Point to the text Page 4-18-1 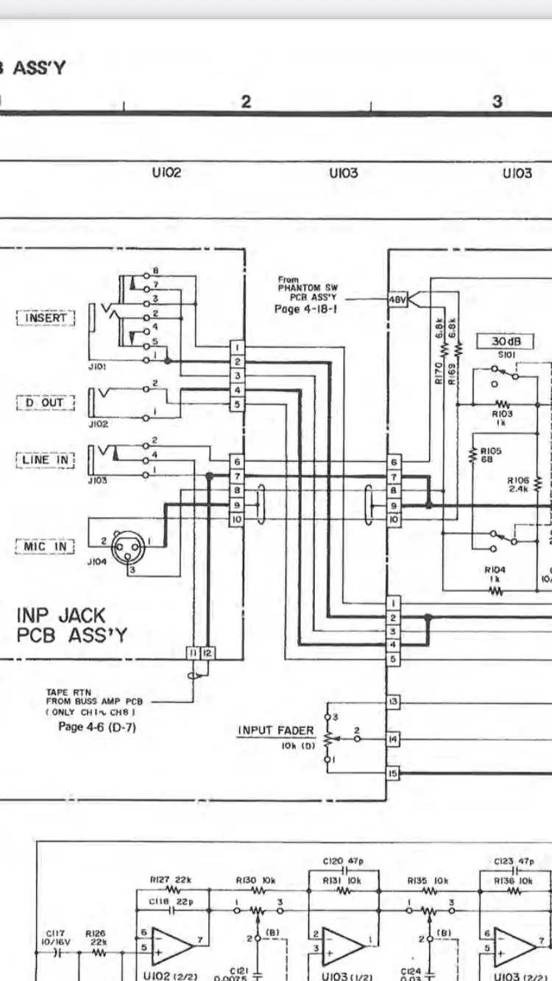[x=302, y=310]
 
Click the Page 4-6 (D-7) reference [x=96, y=727]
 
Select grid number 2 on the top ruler [x=247, y=101]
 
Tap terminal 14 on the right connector [x=394, y=738]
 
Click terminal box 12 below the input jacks [x=207, y=653]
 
